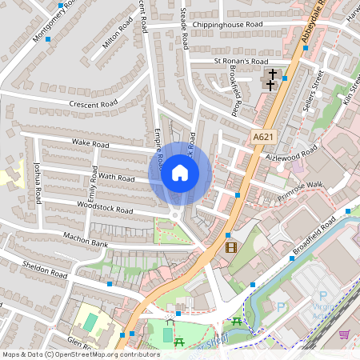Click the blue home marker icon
[x=180, y=173]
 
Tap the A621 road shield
[x=262, y=138]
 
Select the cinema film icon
[x=231, y=247]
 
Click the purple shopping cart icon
[x=344, y=334]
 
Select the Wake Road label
[x=90, y=145]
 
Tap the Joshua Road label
[x=36, y=184]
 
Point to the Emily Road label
[x=93, y=184]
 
